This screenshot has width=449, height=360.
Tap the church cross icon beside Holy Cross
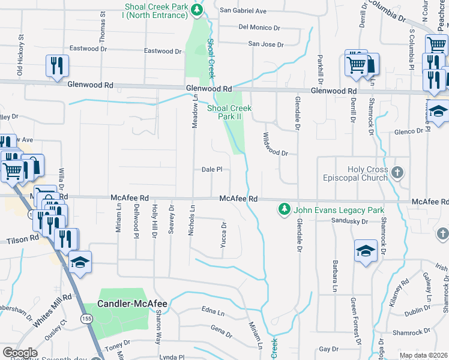[397, 173]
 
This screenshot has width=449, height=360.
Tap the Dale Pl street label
[212, 170]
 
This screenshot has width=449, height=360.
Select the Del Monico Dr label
[259, 27]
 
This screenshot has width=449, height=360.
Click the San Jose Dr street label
[265, 44]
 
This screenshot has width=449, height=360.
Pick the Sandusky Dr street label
[349, 221]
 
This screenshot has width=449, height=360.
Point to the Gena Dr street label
[221, 331]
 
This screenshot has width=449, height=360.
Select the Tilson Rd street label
[22, 238]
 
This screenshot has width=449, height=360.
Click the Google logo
[20, 352]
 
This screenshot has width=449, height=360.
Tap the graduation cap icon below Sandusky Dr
[366, 250]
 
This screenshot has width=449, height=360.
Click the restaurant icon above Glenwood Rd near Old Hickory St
[57, 65]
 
